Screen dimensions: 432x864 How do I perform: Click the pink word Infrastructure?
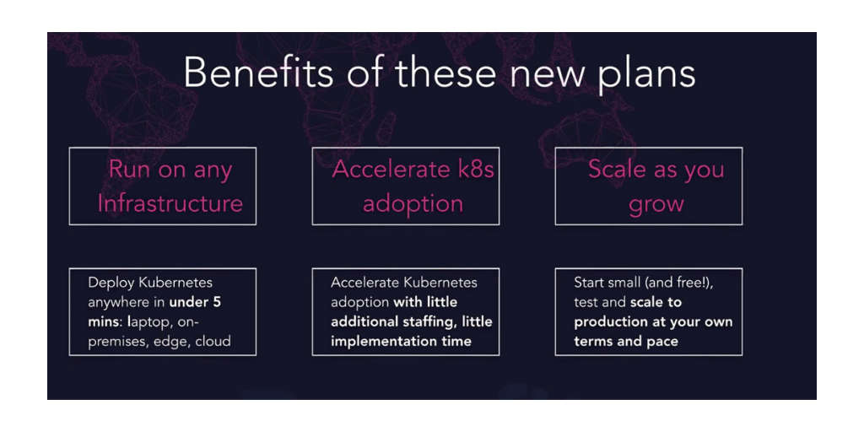pyautogui.click(x=170, y=203)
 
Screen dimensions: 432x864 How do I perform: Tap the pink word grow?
pyautogui.click(x=656, y=205)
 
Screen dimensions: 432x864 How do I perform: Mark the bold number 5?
pyautogui.click(x=216, y=302)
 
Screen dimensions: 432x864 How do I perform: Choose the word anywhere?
pyautogui.click(x=119, y=302)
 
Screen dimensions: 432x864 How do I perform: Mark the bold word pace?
pyautogui.click(x=662, y=341)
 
